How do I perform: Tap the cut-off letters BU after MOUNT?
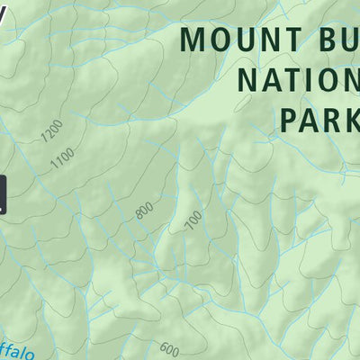pyautogui.click(x=333, y=40)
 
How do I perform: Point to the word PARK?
pyautogui.click(x=319, y=119)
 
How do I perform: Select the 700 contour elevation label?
pyautogui.click(x=192, y=220)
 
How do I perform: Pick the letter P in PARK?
pyautogui.click(x=289, y=119)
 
